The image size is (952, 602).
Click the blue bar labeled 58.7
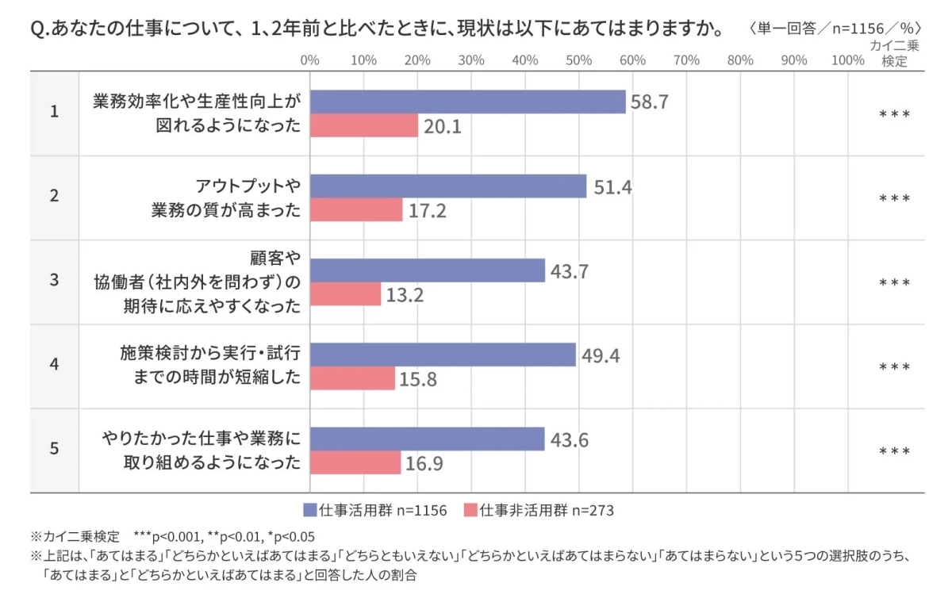coord(468,102)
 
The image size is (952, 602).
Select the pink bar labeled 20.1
coord(364,126)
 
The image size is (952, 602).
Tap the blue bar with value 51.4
coord(448,186)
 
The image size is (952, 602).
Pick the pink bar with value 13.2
coord(346,294)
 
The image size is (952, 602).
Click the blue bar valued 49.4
coord(443,355)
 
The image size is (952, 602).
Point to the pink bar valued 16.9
coord(355,462)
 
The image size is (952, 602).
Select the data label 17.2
coord(428,211)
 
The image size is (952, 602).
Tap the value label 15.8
coord(420,379)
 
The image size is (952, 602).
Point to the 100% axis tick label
coord(847,60)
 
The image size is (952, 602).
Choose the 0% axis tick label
coord(310,60)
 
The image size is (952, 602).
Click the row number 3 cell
coord(54,280)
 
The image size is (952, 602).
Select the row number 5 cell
coord(54,448)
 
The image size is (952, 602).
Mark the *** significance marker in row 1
coord(894,114)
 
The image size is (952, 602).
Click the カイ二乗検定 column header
coord(894,53)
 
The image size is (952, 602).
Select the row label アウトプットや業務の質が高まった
coord(227,198)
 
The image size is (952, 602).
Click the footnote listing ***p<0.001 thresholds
coord(173,535)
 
